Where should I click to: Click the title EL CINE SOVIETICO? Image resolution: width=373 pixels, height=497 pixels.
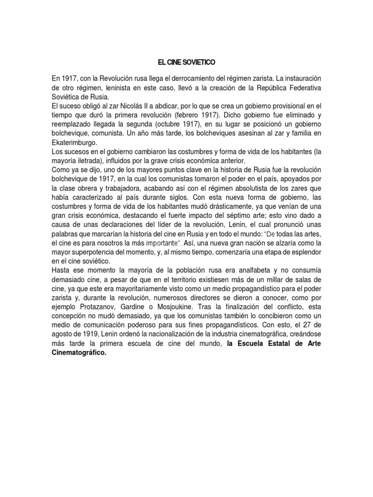[x=186, y=63]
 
